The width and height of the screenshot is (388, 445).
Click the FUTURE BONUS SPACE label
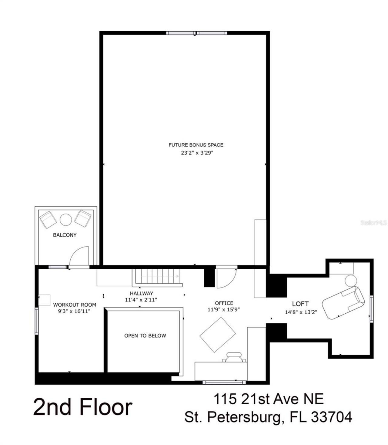pos(196,145)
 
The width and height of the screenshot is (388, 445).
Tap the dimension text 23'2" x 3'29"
pos(196,153)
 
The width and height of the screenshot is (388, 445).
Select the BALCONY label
pos(65,235)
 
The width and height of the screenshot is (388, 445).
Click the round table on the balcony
pos(66,220)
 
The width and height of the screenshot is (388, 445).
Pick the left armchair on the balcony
pos(48,220)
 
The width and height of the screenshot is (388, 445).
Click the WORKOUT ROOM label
pos(75,305)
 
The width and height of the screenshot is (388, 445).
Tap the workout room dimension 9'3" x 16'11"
pos(75,311)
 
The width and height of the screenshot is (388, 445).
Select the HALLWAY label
pos(141,293)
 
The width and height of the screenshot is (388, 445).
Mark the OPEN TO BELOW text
pos(145,335)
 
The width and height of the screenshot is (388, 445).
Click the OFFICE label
pos(224,303)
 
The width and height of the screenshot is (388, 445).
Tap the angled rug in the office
pos(218,335)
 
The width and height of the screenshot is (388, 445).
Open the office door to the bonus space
pos(226,278)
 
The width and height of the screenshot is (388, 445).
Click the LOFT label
pos(300,304)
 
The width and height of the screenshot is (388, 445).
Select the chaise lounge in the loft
pos(343,302)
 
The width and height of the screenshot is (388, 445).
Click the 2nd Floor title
pos(82,407)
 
